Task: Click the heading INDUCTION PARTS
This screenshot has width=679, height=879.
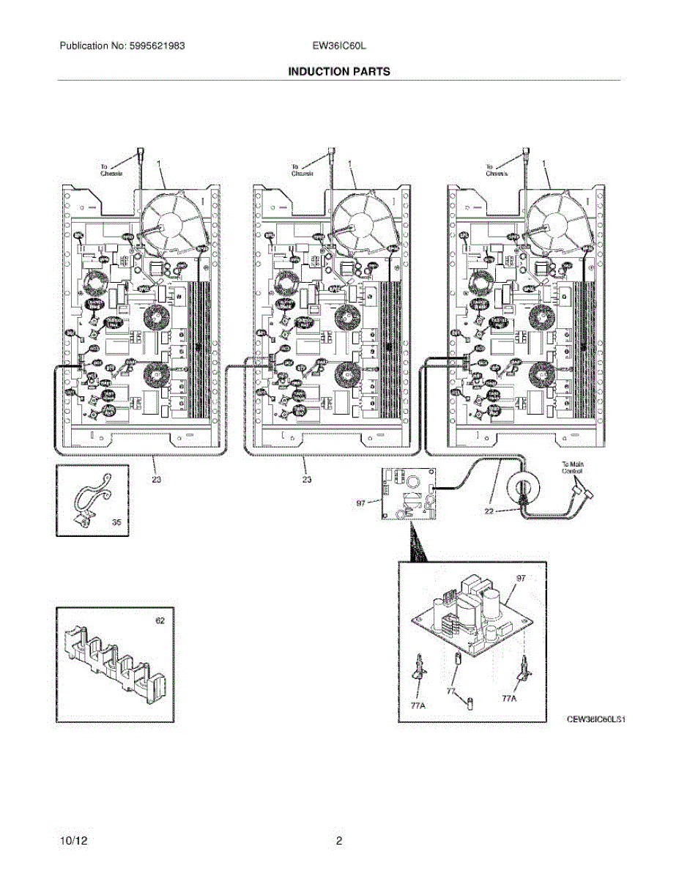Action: click(x=338, y=72)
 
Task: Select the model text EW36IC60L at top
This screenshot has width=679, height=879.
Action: click(x=338, y=45)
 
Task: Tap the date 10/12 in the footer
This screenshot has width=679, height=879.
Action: click(x=71, y=841)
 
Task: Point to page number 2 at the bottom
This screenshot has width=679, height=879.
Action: click(x=339, y=841)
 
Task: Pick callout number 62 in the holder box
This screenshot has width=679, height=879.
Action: click(x=160, y=620)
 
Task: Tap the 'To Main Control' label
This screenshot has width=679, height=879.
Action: click(x=573, y=468)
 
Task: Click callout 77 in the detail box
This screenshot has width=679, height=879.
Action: click(x=453, y=691)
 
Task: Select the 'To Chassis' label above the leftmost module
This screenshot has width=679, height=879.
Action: click(x=108, y=171)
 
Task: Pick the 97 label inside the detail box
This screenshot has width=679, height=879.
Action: click(x=521, y=579)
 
